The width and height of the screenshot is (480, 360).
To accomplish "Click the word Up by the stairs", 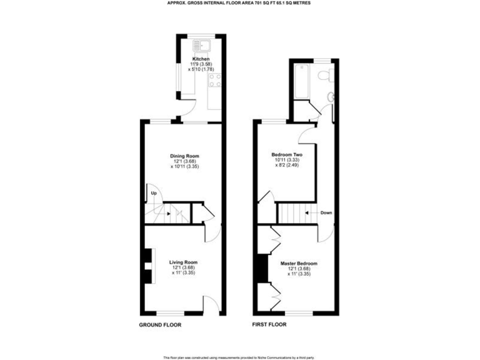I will click(x=154, y=194).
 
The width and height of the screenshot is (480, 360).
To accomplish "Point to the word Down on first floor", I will click(x=326, y=212).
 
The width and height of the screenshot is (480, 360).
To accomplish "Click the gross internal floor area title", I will click(x=239, y=3).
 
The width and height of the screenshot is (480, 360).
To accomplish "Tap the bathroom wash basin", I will click(x=331, y=97).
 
